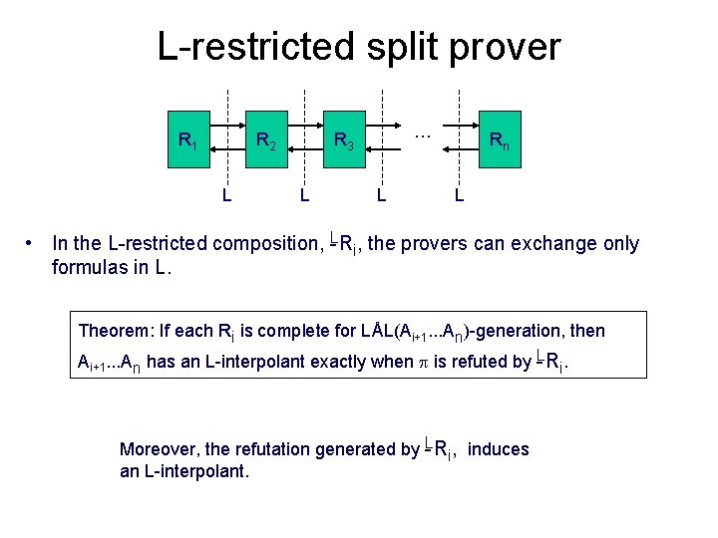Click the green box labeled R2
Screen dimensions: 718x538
266,140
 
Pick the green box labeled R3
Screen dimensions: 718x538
343,140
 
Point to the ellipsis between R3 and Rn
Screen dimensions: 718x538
421,133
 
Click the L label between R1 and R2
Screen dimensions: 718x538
227,194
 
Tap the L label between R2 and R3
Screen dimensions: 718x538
304,194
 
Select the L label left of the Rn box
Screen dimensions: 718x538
459,194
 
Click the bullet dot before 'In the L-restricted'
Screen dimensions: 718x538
33,243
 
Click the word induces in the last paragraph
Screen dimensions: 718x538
498,449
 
